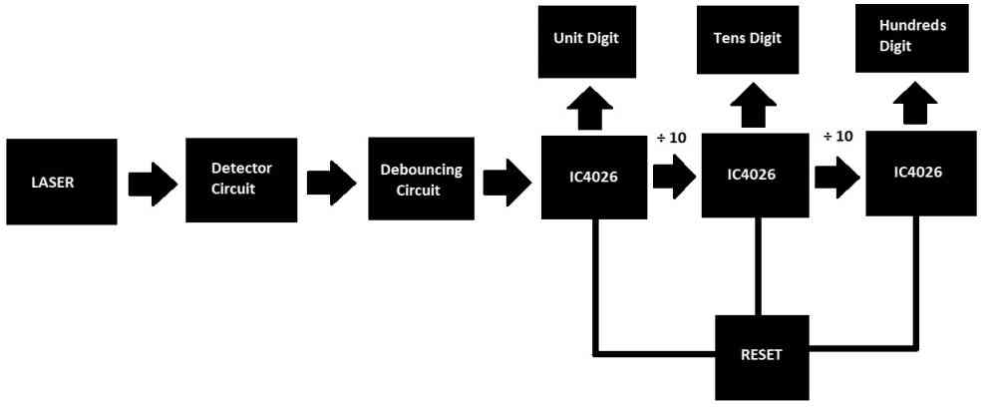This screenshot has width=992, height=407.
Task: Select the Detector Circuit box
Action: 241,179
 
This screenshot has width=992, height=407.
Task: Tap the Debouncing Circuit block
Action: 422,179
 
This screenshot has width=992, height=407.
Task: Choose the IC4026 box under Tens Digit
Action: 752,175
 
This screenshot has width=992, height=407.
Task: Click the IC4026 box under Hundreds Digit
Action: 916,173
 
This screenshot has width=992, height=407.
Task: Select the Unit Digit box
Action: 586,40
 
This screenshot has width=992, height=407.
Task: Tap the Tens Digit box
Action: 748,39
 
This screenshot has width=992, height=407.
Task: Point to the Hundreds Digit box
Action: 914,37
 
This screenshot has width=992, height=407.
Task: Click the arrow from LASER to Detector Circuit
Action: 151,184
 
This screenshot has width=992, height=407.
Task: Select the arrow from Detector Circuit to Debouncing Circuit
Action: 332,183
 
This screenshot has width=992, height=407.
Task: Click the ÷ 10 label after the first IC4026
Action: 671,138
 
